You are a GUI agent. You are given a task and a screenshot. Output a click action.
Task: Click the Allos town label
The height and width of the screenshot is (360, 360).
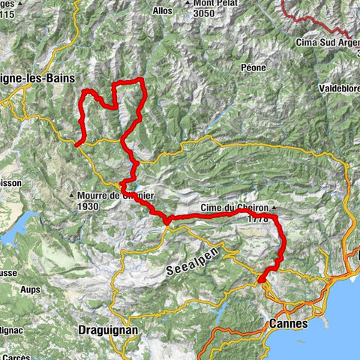point(161,11)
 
